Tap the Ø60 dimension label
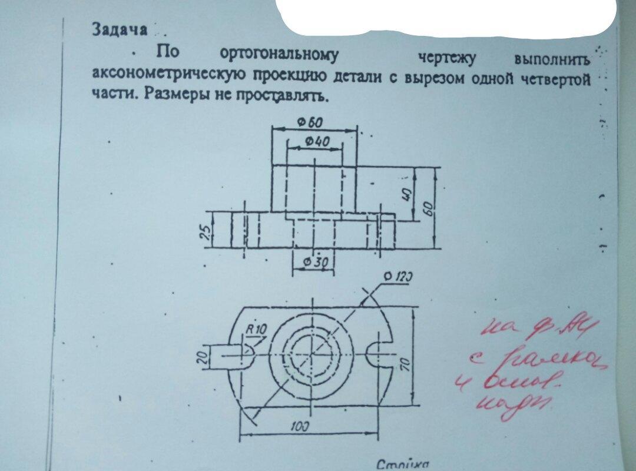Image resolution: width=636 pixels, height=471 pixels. coord(310,122)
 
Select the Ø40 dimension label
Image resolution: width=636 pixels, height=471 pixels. coord(317,141)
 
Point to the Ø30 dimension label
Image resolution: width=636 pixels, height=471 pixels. coord(313,262)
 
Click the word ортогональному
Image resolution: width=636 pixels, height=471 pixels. coord(279,55)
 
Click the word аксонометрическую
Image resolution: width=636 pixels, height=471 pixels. coord(167,74)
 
